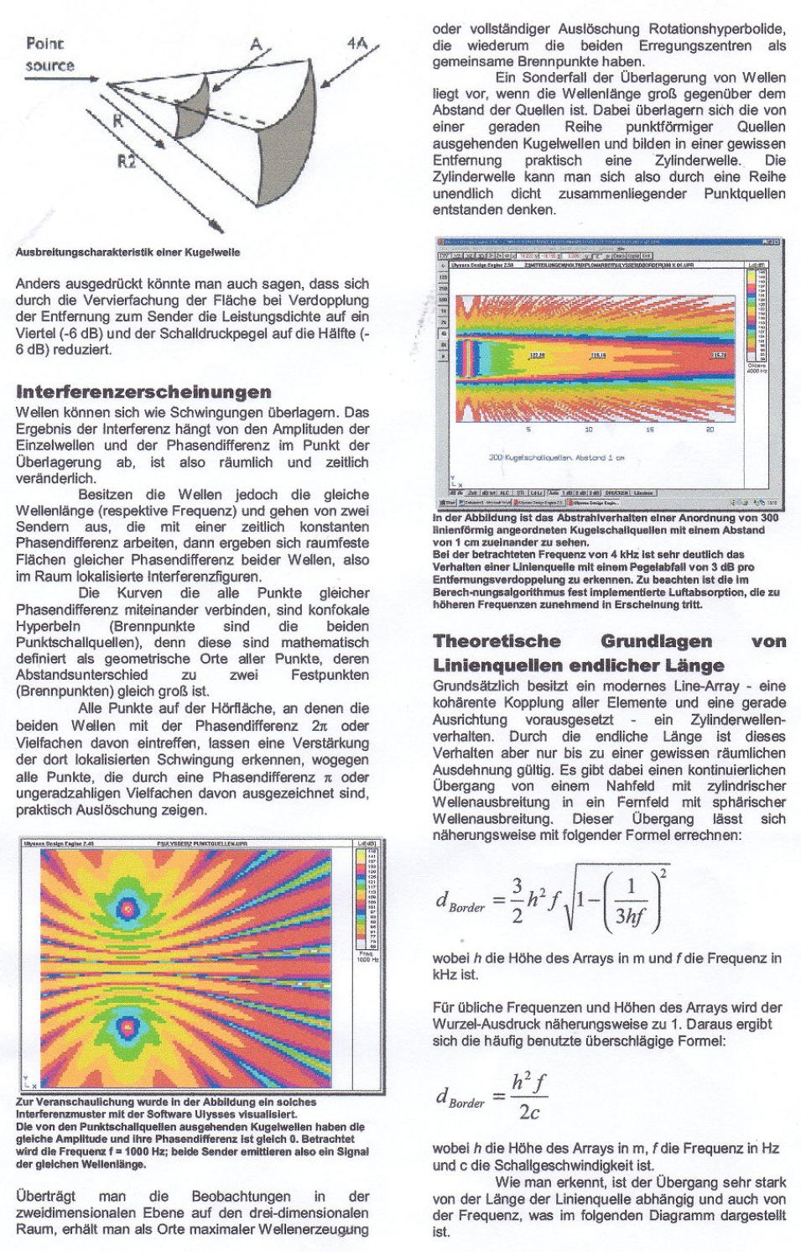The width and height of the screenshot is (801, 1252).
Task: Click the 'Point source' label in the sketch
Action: (x=49, y=54)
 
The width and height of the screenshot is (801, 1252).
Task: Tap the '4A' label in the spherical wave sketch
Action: (x=357, y=42)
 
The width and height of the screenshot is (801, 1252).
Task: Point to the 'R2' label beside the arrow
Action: (x=126, y=159)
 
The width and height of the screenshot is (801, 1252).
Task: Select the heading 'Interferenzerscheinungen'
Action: (x=143, y=391)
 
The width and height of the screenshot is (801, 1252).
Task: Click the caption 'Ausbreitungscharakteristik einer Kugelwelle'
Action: (x=127, y=252)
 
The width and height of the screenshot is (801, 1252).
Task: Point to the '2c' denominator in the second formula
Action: (x=528, y=1113)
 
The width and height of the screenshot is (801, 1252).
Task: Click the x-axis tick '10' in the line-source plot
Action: (x=589, y=429)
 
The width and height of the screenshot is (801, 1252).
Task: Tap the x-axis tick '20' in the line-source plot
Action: (x=710, y=429)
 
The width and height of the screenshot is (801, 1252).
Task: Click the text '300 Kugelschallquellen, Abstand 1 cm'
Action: (x=556, y=457)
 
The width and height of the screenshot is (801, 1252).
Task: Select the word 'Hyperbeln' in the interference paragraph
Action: (x=49, y=626)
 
